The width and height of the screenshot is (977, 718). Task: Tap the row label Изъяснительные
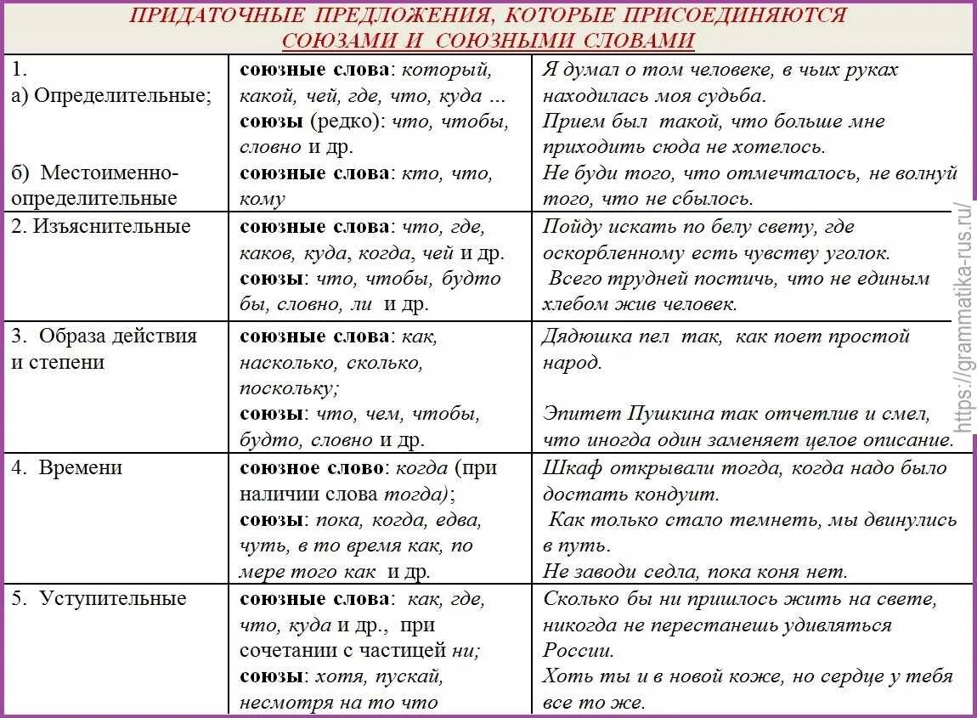click(x=112, y=227)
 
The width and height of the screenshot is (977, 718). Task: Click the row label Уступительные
click(x=112, y=598)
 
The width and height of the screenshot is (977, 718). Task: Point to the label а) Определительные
click(x=111, y=95)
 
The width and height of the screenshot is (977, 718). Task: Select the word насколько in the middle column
click(x=278, y=363)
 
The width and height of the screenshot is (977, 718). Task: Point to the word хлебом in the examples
click(x=575, y=303)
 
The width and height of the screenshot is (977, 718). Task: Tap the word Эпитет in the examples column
click(x=580, y=415)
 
